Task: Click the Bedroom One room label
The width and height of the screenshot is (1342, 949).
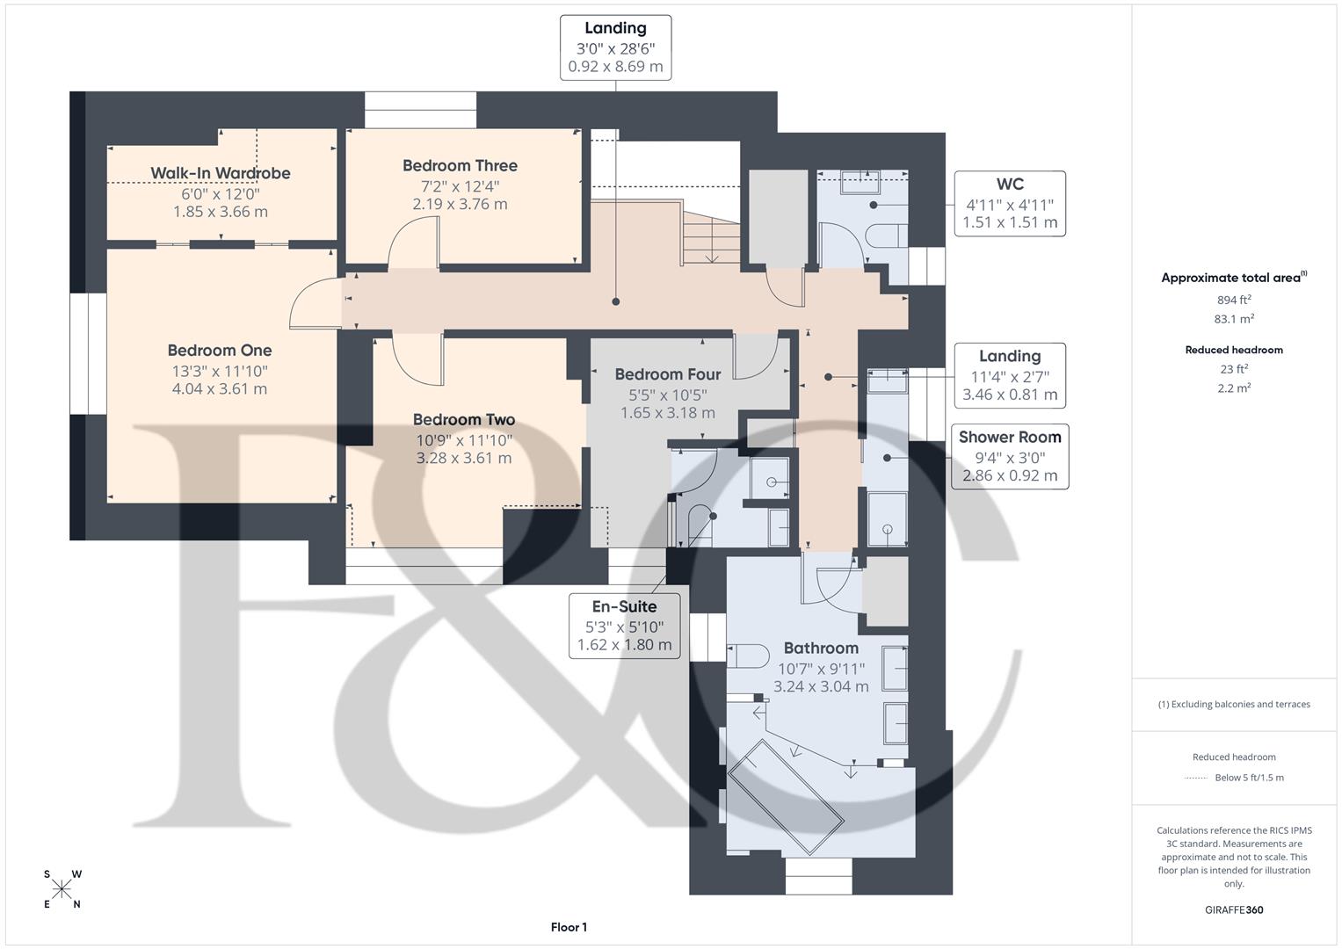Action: (x=220, y=351)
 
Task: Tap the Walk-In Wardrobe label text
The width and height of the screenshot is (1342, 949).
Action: (x=220, y=173)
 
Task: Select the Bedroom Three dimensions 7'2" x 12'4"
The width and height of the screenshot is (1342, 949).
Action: (x=460, y=185)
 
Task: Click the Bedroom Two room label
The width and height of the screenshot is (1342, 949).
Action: (x=463, y=420)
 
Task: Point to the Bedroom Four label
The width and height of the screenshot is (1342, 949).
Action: (x=667, y=374)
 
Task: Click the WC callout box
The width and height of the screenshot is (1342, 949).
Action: (x=1009, y=204)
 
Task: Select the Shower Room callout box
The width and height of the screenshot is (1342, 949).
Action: (x=1009, y=457)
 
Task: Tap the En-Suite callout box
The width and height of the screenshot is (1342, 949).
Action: (x=624, y=626)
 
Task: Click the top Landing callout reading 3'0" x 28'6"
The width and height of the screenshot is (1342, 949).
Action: (x=615, y=47)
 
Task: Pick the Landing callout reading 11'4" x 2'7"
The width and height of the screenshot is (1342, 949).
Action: (x=1009, y=376)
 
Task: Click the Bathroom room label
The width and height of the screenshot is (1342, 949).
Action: (x=821, y=648)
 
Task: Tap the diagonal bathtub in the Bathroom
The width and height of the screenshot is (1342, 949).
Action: (x=786, y=797)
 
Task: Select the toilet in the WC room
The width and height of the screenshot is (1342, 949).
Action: (x=883, y=235)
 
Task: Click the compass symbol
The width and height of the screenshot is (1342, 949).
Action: (x=62, y=889)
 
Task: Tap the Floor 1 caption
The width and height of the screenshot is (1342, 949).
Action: (x=569, y=927)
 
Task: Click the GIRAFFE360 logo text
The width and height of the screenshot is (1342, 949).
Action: (x=1233, y=909)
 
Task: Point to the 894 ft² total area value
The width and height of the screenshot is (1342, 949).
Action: (x=1233, y=300)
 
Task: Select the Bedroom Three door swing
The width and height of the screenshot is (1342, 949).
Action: (x=413, y=241)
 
